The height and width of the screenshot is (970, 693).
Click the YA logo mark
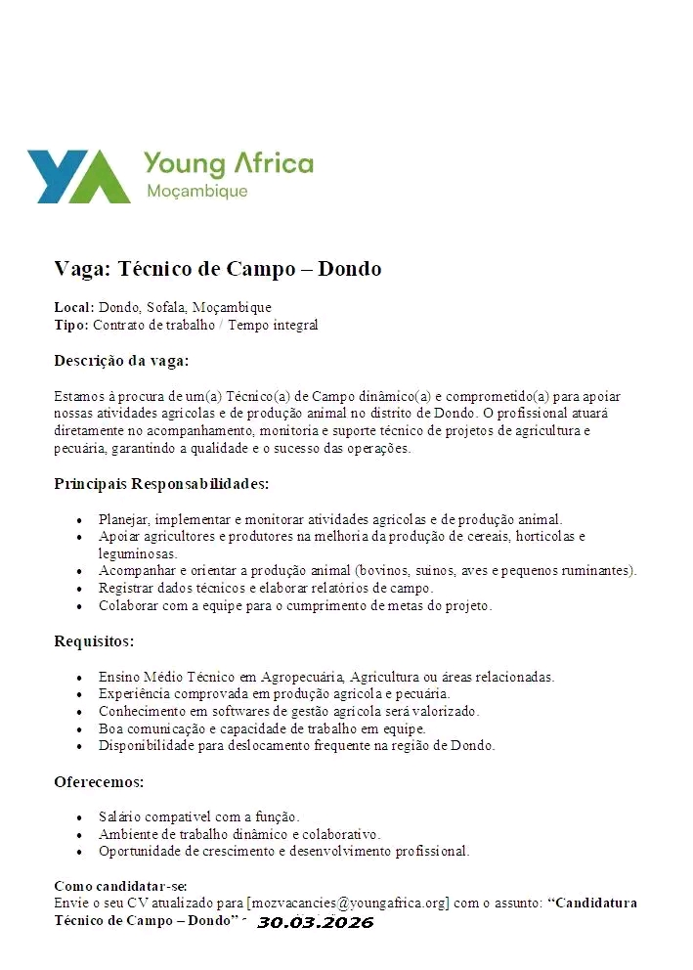[78, 176]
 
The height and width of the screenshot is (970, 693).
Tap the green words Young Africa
[228, 163]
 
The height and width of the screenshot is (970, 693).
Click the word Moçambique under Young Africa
[196, 192]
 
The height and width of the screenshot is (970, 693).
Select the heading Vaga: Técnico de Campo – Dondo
[217, 269]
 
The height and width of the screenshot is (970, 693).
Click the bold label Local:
[73, 308]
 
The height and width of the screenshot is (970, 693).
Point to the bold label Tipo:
[71, 325]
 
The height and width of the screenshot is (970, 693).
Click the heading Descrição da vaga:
[121, 361]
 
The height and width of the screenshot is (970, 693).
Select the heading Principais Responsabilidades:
[161, 484]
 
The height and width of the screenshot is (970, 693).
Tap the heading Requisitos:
[94, 641]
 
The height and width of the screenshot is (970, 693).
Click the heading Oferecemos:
[99, 782]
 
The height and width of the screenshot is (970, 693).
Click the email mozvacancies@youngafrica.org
[348, 903]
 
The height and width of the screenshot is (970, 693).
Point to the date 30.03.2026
[315, 922]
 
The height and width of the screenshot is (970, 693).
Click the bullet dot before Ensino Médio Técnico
[79, 677]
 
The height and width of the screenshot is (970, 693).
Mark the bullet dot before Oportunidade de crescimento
[79, 852]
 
